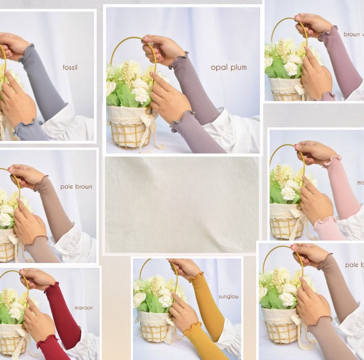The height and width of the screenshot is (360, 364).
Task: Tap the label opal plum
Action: (229, 67)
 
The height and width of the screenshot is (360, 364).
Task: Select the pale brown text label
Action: (76, 186)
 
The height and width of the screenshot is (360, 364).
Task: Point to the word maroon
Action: (83, 307)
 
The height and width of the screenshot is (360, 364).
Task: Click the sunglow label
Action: (229, 296)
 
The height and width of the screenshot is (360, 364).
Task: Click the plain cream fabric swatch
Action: (182, 204)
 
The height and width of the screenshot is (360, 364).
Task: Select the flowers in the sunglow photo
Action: (154, 293)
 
